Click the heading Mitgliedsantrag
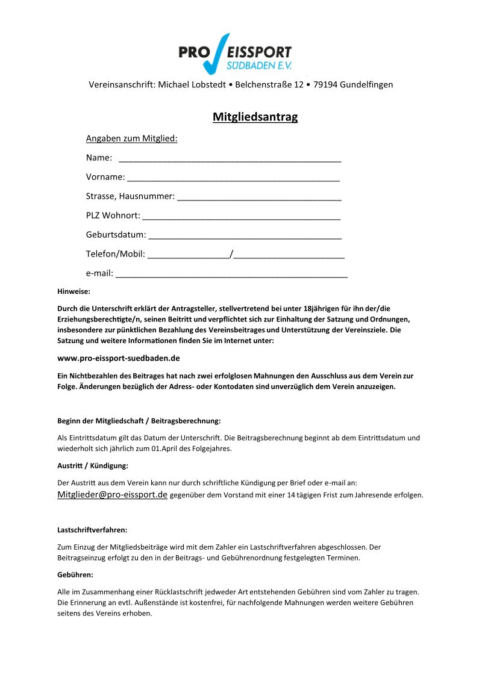(255, 117)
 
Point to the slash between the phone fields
(232, 254)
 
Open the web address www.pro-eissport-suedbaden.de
(119, 358)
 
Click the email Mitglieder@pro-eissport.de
(112, 495)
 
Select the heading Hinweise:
(74, 291)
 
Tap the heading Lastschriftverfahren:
(92, 530)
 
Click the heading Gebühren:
(75, 574)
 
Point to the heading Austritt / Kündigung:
(93, 465)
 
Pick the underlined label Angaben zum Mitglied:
(132, 138)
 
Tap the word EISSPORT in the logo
(261, 53)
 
